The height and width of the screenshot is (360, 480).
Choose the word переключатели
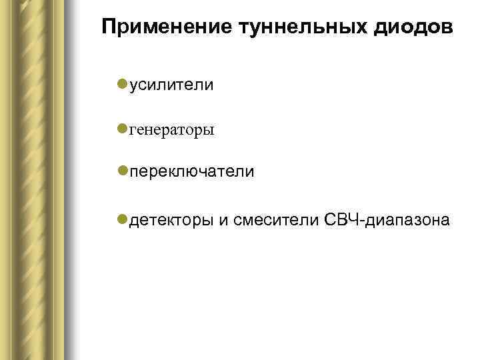click(x=192, y=172)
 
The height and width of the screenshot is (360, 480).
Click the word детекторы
click(x=171, y=220)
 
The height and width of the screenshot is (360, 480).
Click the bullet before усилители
click(x=121, y=83)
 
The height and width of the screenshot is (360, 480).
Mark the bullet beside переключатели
click(x=121, y=171)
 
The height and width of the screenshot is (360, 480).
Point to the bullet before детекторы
click(x=121, y=219)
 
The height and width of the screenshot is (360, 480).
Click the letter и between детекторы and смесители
click(x=223, y=221)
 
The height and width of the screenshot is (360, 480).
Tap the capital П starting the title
click(x=109, y=28)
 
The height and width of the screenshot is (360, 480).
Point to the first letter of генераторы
click(x=133, y=129)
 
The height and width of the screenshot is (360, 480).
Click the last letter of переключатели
click(x=251, y=173)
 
